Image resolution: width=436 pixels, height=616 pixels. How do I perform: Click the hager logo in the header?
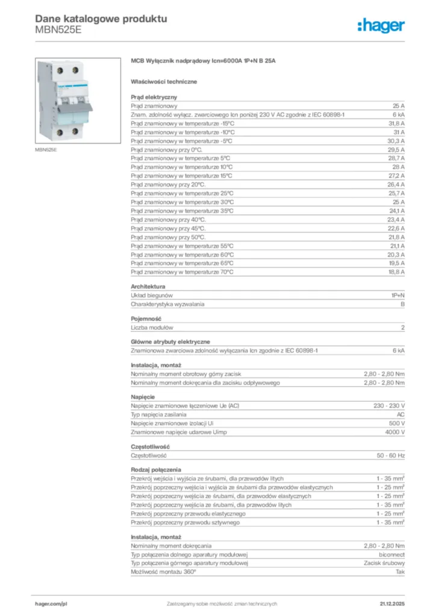coord(381,25)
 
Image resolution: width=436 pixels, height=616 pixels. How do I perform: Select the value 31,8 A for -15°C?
coord(396,123)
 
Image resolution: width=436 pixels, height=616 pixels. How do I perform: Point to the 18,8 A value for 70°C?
coord(396,272)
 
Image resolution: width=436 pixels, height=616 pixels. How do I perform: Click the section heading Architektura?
coord(148,287)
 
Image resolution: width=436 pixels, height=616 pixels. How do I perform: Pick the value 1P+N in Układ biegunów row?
coord(397,296)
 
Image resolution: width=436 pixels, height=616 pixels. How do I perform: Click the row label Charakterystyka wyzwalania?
coord(167,304)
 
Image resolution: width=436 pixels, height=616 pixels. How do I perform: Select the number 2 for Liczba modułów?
coord(403,328)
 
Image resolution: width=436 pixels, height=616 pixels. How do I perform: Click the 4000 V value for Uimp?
coord(395,433)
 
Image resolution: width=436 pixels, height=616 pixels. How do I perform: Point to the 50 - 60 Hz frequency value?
coord(391,455)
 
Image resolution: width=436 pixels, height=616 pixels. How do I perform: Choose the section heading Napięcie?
coord(143,397)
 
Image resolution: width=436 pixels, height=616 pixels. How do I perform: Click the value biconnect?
coord(392,554)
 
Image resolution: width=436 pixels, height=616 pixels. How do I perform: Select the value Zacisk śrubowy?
coord(385,563)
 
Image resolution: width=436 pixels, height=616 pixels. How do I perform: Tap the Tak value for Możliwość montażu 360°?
coord(400,571)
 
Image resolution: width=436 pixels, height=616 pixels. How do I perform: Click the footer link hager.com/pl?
coord(50,603)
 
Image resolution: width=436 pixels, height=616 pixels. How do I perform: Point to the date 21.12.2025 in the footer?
coord(392,603)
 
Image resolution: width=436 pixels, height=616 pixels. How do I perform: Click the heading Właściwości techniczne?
coord(163,81)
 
